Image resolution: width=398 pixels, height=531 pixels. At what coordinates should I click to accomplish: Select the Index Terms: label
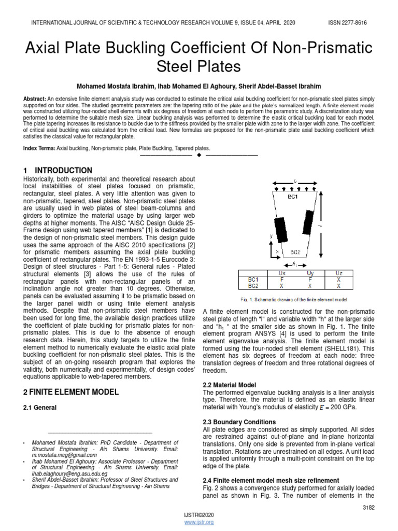point(39,148)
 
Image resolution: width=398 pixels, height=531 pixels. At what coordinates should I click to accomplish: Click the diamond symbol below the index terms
point(199,155)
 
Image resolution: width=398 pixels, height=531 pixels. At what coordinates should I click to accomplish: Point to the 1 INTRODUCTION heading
point(58,171)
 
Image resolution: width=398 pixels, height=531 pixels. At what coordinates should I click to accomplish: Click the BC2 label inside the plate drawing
point(295,251)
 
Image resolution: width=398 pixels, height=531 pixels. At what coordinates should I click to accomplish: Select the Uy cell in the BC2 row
point(310,285)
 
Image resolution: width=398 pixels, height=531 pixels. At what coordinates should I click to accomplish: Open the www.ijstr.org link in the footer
point(199,522)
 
